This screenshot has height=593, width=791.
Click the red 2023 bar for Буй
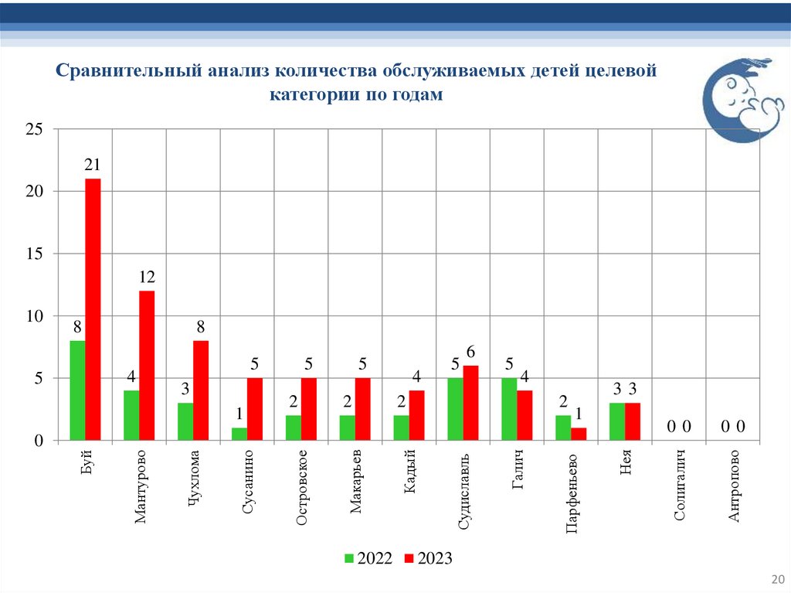93,309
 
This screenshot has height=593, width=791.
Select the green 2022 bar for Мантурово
131,415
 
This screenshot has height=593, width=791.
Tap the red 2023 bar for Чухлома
201,390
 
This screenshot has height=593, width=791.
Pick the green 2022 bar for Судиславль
456,409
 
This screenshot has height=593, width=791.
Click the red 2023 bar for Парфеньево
579,434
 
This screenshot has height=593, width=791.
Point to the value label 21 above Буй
93,165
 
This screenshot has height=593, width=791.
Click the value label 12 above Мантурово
147,277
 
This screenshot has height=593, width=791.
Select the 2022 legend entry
368,558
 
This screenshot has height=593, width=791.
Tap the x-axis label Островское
303,487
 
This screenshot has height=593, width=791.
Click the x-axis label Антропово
735,486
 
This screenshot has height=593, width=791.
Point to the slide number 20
777,579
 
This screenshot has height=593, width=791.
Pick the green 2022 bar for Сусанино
239,434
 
